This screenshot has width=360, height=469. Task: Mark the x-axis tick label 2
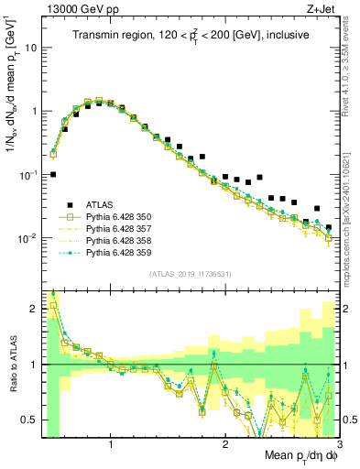pyautogui.click(x=225, y=446)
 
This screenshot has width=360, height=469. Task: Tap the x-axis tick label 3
pyautogui.click(x=339, y=446)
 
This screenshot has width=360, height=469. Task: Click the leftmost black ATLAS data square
pyautogui.click(x=53, y=174)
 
